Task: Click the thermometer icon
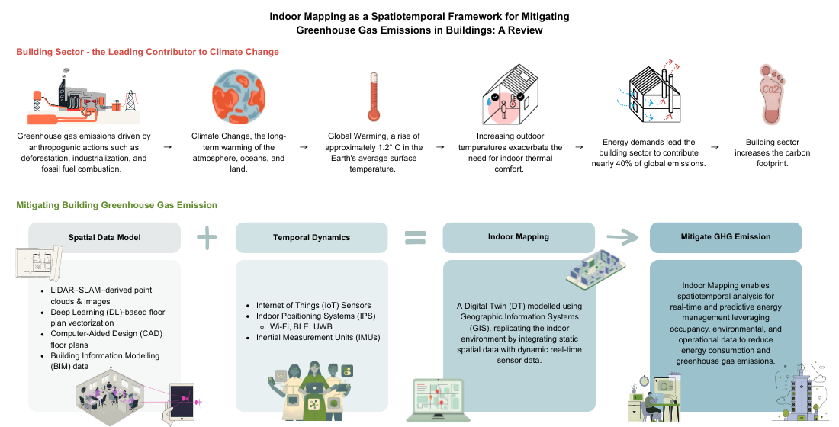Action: point(373,98)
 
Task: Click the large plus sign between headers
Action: point(207,237)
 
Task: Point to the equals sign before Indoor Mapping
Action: point(414,238)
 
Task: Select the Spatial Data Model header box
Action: point(104,237)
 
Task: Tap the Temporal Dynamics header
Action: point(311,237)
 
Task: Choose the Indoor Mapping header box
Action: point(519,237)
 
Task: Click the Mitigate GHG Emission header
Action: point(725,237)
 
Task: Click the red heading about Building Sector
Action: point(148,52)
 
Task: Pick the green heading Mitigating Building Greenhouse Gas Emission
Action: point(117,205)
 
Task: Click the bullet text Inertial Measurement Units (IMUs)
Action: point(318,337)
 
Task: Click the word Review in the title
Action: point(525,30)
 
